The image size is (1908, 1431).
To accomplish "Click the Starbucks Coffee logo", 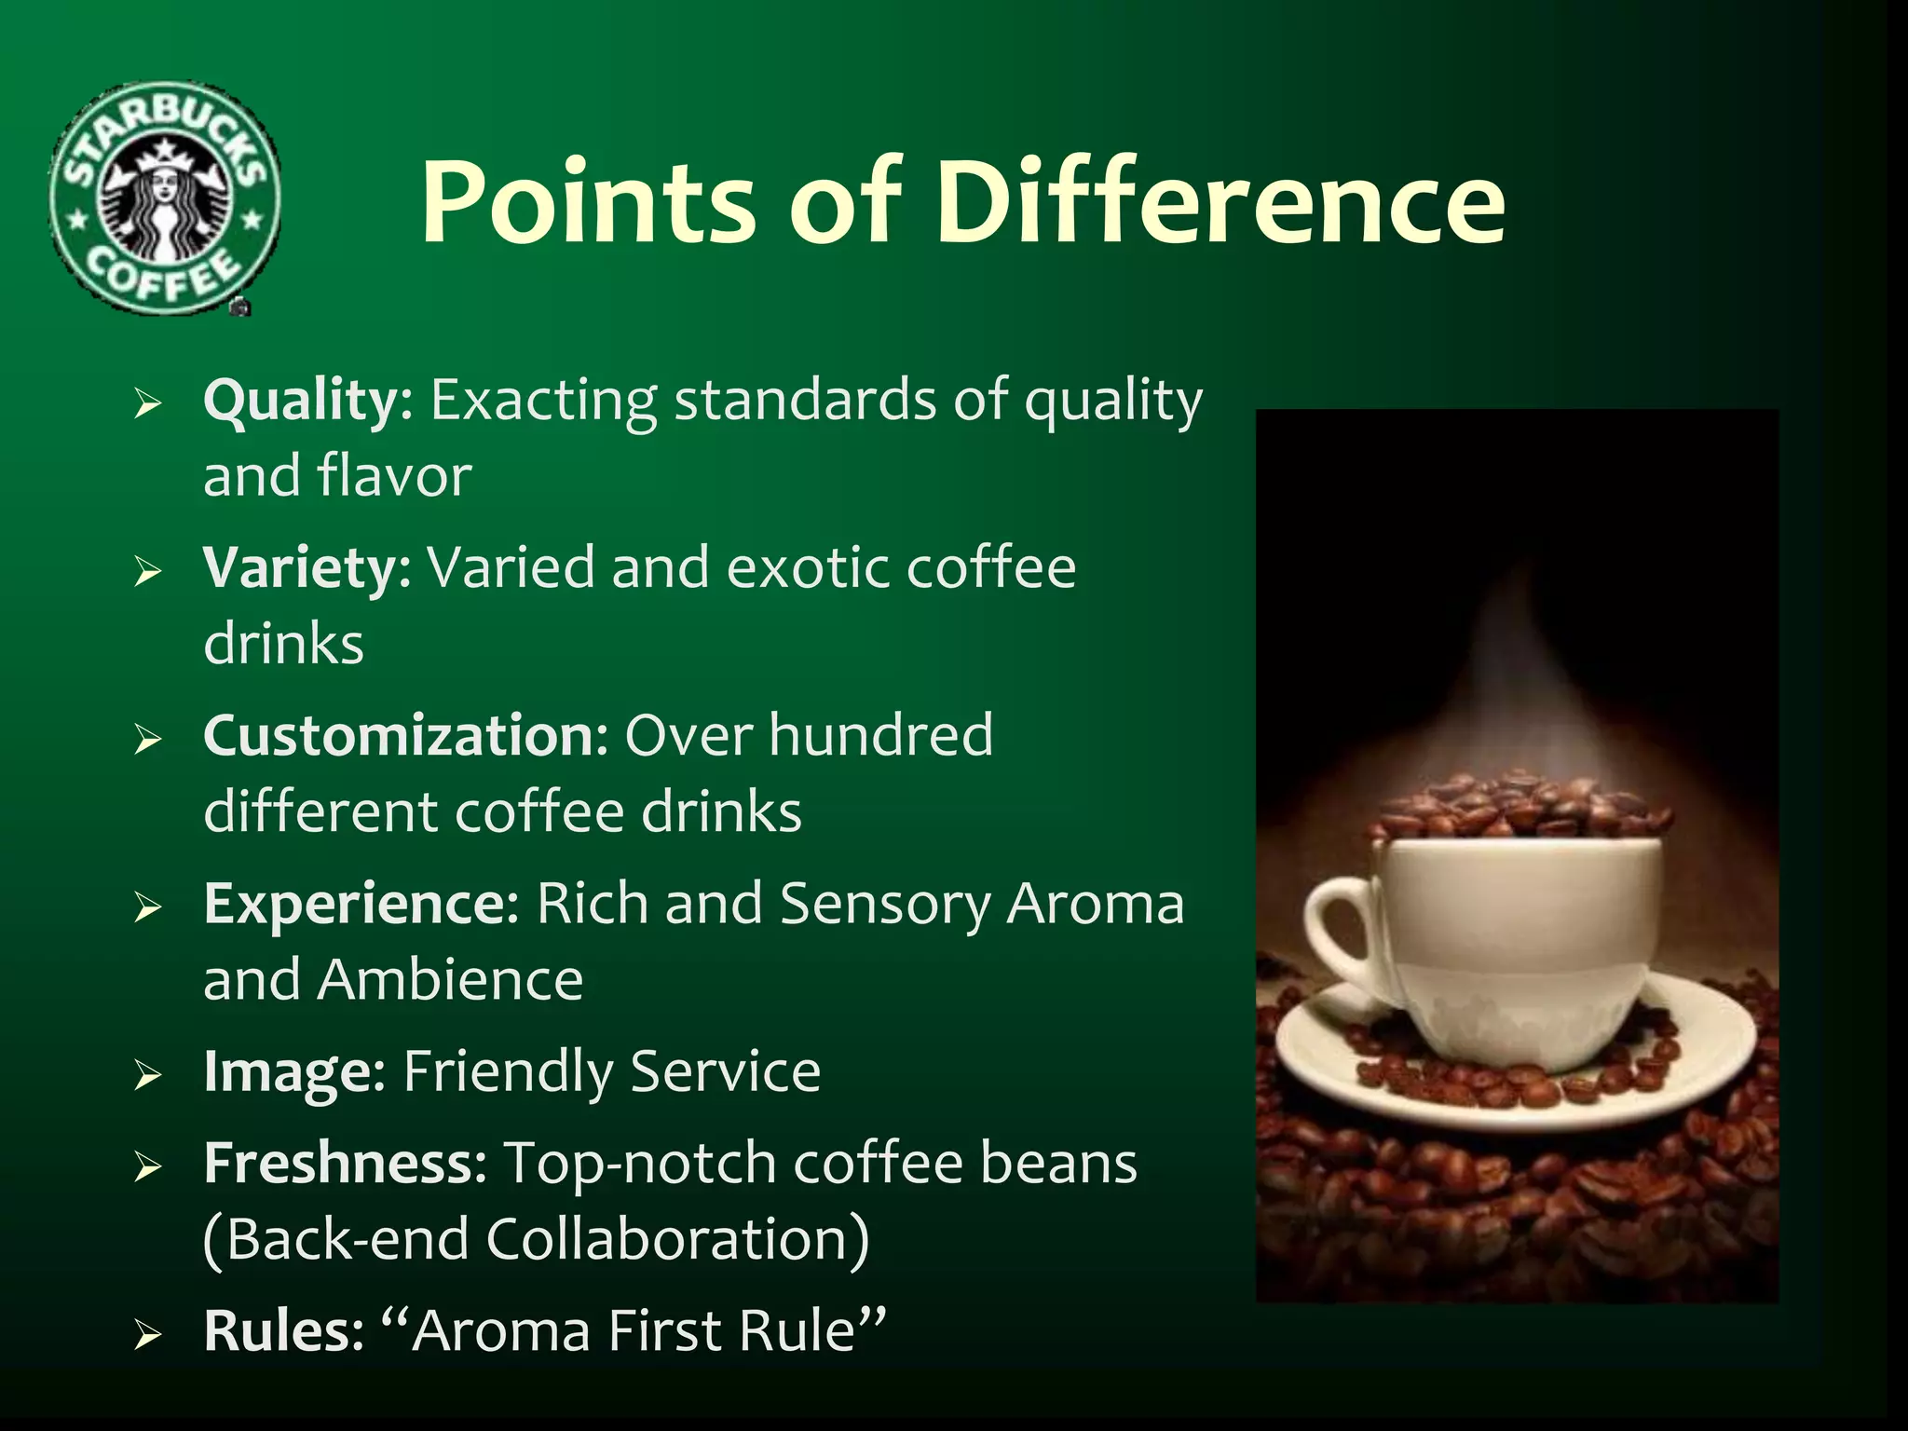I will (x=164, y=198).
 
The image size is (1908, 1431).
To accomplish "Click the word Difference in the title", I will (x=1220, y=202).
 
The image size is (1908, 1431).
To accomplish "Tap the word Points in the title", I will (x=587, y=202).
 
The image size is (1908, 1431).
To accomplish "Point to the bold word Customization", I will (x=405, y=736).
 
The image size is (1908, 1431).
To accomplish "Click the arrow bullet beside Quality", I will (x=148, y=404).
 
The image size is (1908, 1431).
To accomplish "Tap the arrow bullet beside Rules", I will (x=148, y=1335).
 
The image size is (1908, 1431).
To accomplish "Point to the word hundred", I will (x=880, y=736).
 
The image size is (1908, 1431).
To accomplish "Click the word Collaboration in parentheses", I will (x=665, y=1240).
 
